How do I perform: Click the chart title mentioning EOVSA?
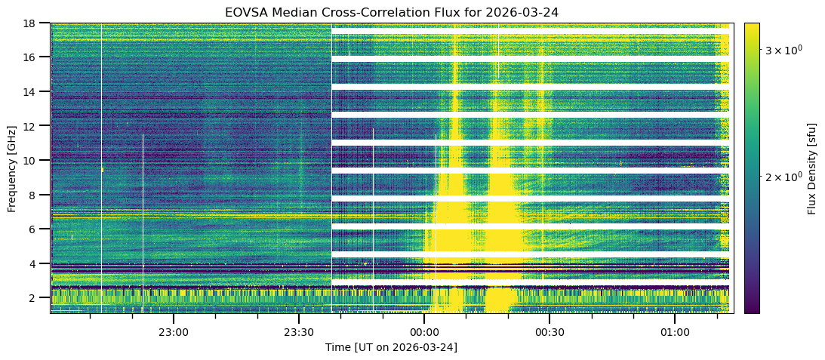click(x=391, y=12)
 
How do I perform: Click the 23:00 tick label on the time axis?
click(x=173, y=332)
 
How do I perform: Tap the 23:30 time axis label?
click(x=299, y=332)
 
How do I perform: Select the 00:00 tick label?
click(x=424, y=332)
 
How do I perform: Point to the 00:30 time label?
click(x=549, y=332)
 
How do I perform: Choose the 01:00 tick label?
click(x=675, y=332)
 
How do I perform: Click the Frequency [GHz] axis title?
click(x=12, y=168)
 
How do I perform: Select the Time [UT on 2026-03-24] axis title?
click(x=391, y=347)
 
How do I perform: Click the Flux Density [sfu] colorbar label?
click(x=812, y=168)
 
